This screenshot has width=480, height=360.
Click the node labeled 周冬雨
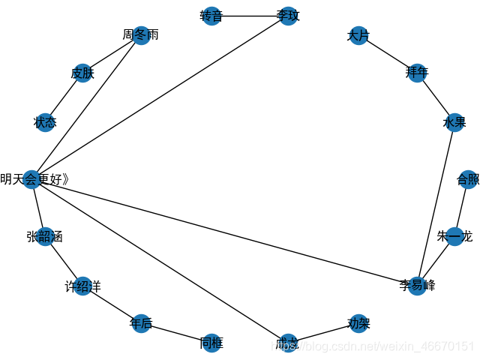tap(140, 36)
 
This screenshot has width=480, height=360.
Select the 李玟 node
tap(289, 16)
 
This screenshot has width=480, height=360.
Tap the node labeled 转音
tap(211, 16)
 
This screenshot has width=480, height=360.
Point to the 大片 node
tap(358, 36)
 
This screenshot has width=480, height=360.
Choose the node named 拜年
tap(417, 73)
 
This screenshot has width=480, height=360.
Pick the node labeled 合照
tap(467, 179)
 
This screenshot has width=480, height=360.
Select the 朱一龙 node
tap(454, 237)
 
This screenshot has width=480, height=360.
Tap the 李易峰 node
tap(417, 286)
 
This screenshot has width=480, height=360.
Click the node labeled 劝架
tap(358, 324)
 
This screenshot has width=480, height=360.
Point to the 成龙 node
tap(289, 343)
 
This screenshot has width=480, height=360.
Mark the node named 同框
tap(211, 343)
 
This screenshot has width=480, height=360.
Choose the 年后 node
tap(140, 324)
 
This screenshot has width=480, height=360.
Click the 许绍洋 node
tap(82, 286)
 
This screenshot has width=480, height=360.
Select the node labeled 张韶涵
tap(45, 237)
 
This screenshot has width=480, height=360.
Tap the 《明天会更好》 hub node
tap(31, 179)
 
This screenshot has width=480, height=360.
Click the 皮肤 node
tap(82, 73)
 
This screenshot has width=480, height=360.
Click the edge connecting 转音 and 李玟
tap(250, 16)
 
